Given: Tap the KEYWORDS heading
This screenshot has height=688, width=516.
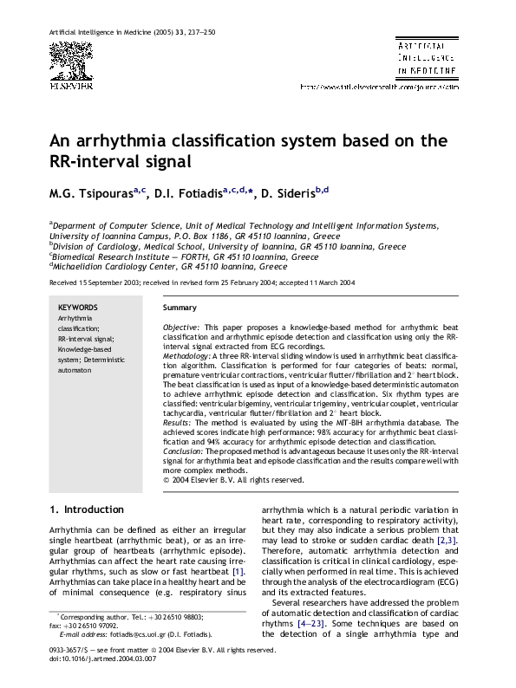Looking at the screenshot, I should point(77,308).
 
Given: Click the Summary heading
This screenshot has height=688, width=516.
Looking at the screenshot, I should point(180,308).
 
